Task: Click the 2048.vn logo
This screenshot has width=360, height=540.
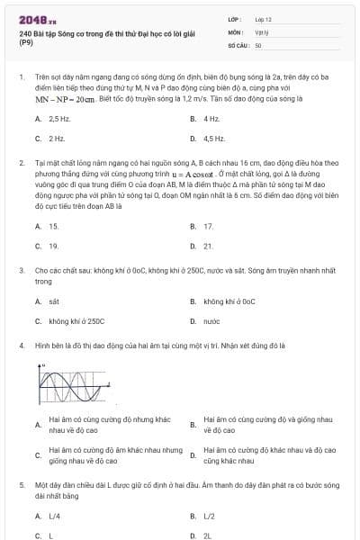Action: [x=35, y=19]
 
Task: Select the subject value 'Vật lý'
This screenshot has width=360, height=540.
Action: [x=262, y=31]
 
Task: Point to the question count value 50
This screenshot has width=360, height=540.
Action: [x=258, y=44]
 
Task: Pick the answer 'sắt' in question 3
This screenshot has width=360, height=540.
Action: [x=54, y=301]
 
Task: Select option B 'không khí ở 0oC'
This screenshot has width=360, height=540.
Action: [x=229, y=301]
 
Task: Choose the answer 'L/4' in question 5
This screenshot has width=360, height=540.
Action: [x=54, y=516]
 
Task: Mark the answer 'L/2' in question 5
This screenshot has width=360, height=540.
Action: [x=209, y=516]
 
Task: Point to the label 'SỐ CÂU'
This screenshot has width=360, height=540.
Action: [x=238, y=44]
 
